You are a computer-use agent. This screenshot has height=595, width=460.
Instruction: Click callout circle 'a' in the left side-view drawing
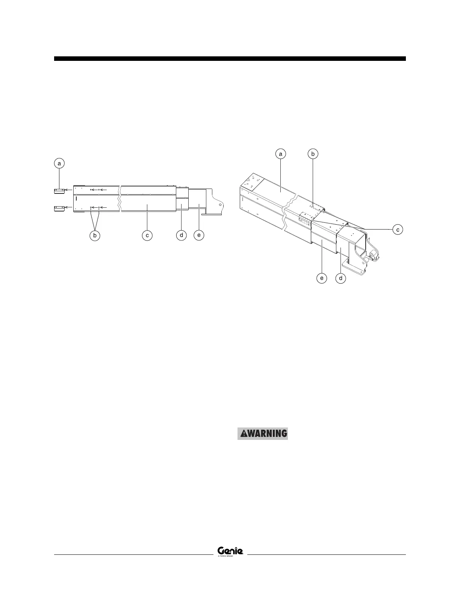tap(59, 163)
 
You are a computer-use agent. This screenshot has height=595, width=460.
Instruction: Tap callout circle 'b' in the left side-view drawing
tap(95, 236)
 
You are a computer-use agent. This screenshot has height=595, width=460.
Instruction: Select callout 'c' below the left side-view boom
tap(147, 236)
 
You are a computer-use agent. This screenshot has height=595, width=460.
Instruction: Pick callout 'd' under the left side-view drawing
tap(181, 236)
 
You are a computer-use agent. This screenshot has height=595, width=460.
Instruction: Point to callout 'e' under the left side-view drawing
tap(198, 236)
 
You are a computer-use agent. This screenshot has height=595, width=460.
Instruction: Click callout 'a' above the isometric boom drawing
tap(280, 154)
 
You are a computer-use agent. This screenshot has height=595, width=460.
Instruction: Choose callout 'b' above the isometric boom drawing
tap(313, 154)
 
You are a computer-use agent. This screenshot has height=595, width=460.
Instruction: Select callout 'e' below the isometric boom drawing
tap(322, 278)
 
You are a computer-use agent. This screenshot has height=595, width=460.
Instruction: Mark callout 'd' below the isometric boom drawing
tap(341, 278)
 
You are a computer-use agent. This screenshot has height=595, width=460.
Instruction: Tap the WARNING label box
tap(262, 433)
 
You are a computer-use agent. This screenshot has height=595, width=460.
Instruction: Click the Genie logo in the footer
tap(230, 551)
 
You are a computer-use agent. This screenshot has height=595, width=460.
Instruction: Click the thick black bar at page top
tap(230, 59)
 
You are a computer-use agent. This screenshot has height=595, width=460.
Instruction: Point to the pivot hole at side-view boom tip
tap(220, 205)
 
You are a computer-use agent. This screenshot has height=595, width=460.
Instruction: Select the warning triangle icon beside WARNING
tap(244, 433)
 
